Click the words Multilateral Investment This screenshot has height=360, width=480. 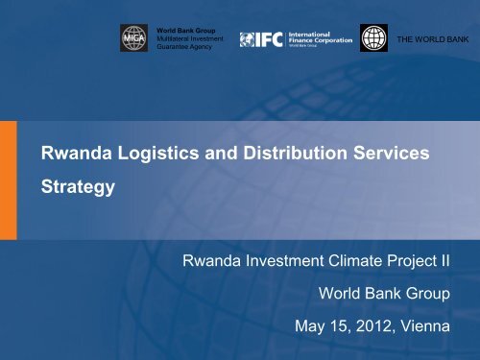coord(188,39)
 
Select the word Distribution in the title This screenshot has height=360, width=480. coord(286,152)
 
